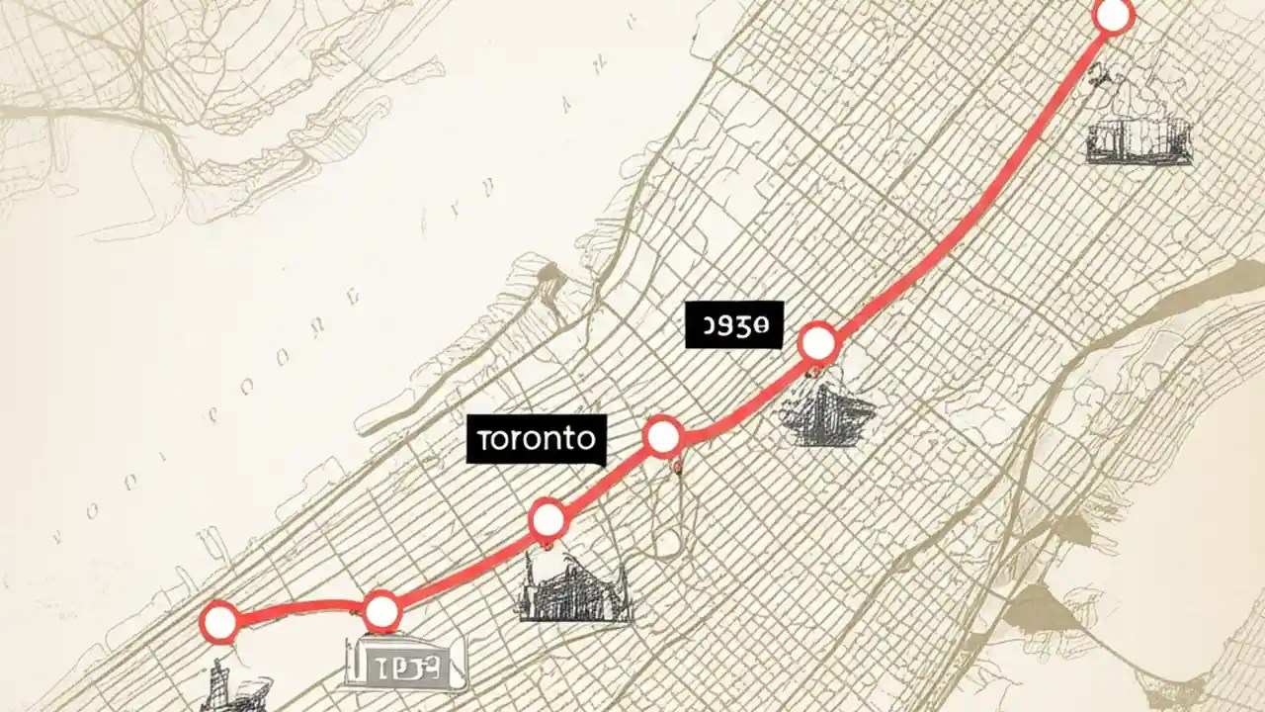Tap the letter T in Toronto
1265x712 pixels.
[x=482, y=439]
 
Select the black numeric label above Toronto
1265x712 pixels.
[x=733, y=325]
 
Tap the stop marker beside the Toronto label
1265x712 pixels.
[x=662, y=436]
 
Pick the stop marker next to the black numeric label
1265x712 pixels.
[x=817, y=343]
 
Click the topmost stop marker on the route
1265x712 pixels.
[x=1113, y=16]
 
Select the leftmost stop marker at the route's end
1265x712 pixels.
[x=218, y=622]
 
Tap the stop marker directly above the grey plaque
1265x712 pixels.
[x=381, y=612]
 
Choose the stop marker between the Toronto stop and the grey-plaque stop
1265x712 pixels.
[x=548, y=518]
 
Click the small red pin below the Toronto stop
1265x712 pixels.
[x=677, y=465]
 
